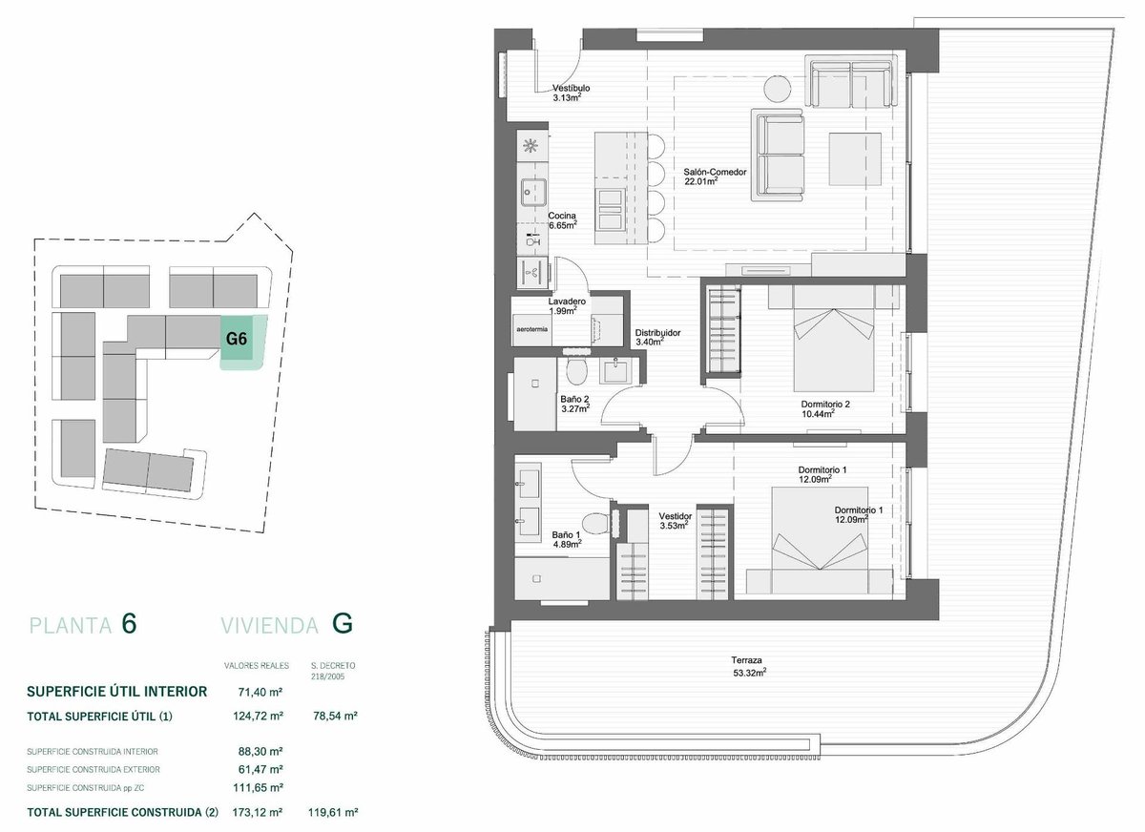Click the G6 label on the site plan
tap(237, 339)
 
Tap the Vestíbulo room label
tap(571, 89)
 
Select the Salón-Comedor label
tap(715, 173)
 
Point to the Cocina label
tap(562, 217)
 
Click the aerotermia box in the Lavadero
tap(532, 329)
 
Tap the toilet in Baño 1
tap(595, 523)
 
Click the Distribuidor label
tap(657, 333)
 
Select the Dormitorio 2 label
tap(825, 405)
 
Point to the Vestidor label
tap(676, 516)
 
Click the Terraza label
tap(746, 660)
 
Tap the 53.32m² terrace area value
tap(749, 673)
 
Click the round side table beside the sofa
tap(778, 90)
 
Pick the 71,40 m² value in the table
tap(260, 692)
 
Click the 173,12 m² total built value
tap(258, 812)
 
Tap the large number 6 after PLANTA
tap(130, 624)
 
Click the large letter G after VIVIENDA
tap(343, 624)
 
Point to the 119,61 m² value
tap(333, 812)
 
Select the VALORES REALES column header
tap(256, 665)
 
